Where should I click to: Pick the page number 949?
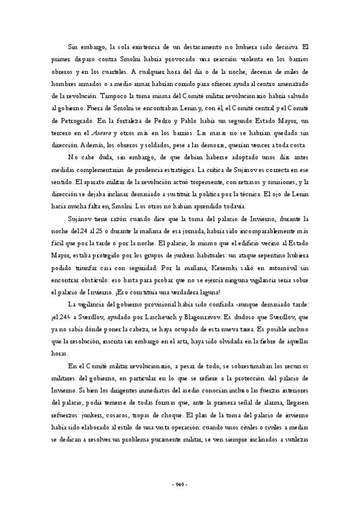point(180,484)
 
